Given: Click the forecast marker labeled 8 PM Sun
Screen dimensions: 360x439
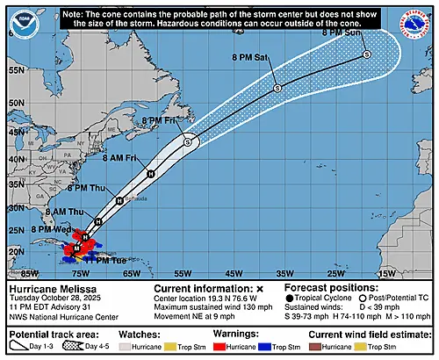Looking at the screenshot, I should (x=366, y=54).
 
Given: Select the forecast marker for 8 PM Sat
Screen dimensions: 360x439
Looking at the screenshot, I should (x=277, y=88).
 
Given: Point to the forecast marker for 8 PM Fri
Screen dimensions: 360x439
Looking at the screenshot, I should (x=187, y=140).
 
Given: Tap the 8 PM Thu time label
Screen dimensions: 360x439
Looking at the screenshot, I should (x=85, y=188).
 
